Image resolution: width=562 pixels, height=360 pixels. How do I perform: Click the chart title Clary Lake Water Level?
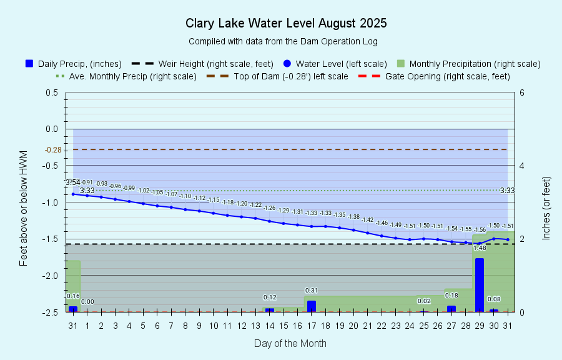coord(286,24)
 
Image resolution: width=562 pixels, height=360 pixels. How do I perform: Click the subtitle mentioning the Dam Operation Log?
coord(283,42)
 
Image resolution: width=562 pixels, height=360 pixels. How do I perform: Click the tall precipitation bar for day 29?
coord(480,285)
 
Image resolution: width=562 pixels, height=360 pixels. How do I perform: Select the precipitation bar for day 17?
coord(311,306)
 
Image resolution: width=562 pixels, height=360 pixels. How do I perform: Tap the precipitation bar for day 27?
coord(451,308)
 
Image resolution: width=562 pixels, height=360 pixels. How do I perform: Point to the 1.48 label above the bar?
coord(480,248)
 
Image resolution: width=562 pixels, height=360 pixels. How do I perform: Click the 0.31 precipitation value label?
coord(312,291)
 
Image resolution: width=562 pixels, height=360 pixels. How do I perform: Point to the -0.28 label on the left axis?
coord(53,150)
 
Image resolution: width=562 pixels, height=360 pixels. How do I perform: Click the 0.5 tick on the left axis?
coord(52,92)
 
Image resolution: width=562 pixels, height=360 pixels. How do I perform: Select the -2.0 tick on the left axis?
coord(51,276)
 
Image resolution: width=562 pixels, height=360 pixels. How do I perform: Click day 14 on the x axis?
coord(269,326)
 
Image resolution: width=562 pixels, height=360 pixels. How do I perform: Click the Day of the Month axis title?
coord(290,343)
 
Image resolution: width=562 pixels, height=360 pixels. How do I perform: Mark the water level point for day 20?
coord(353,230)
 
